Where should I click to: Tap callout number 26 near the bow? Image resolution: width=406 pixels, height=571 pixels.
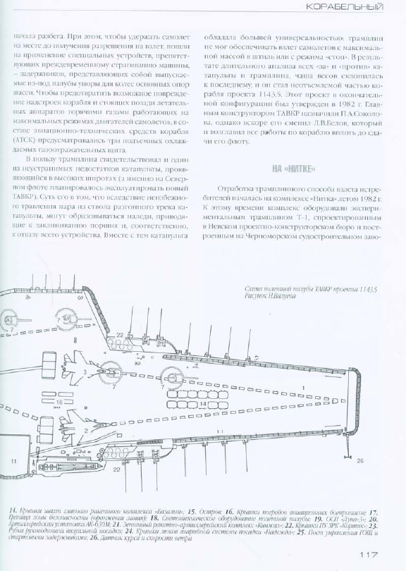click(359, 461)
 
